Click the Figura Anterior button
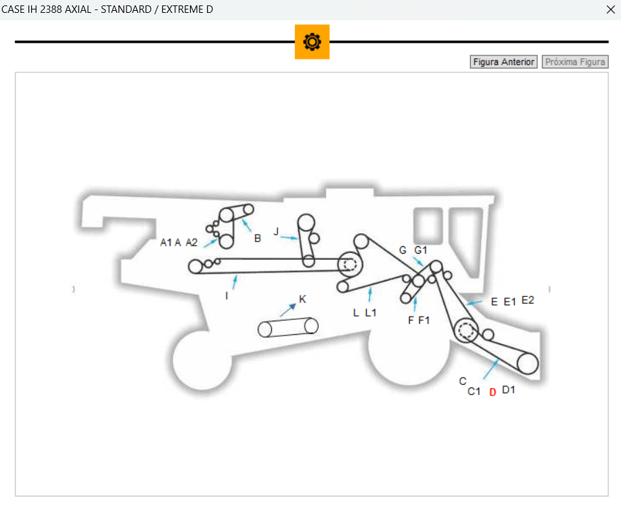503,62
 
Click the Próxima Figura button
575,62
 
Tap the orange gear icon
312,42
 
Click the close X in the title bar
609,9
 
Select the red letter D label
492,392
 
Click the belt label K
302,299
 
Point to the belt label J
276,231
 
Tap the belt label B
258,238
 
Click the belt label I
227,296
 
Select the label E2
528,300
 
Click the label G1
421,250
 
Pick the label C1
474,391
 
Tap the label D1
509,390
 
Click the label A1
166,242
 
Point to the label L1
371,313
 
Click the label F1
424,320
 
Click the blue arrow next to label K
288,310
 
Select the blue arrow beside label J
290,237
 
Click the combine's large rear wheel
409,355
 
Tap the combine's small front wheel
201,361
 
